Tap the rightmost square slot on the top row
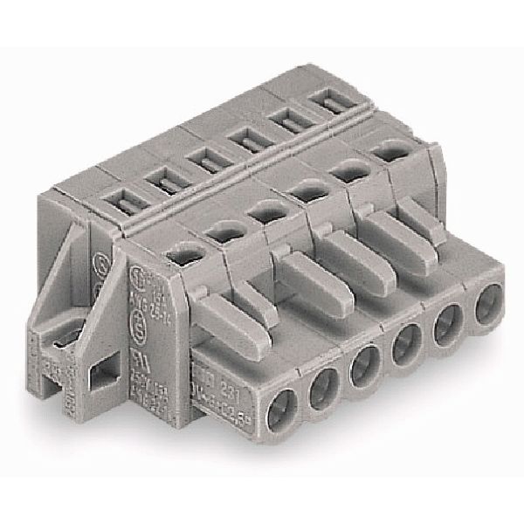[x=325, y=104]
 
